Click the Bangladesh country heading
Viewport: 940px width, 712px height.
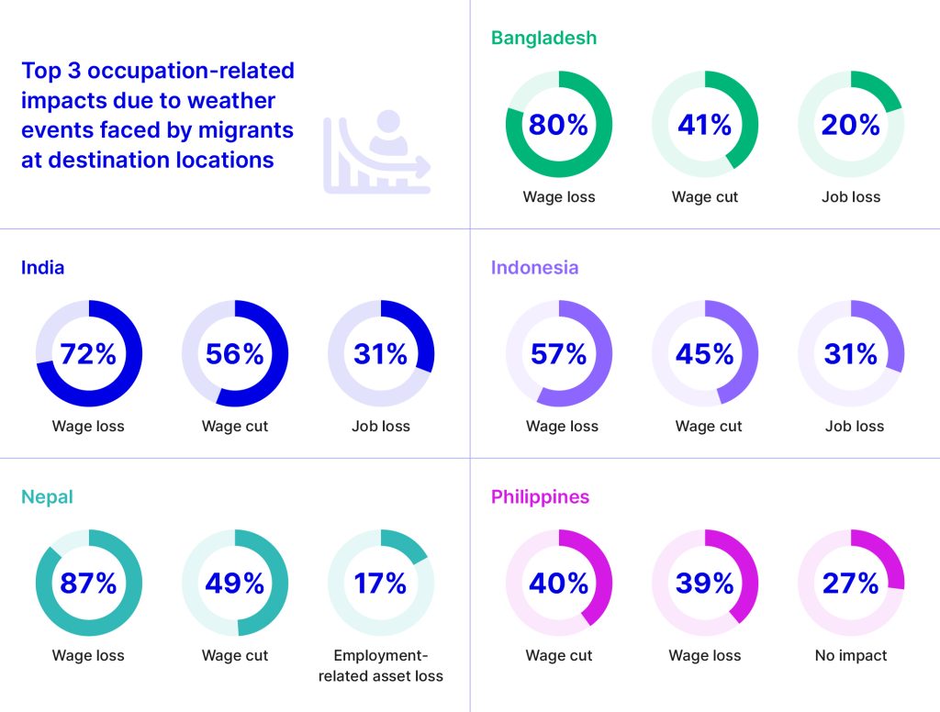[x=543, y=38]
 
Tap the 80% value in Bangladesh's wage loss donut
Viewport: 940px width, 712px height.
[x=558, y=125]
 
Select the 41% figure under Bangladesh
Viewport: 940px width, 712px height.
[x=705, y=125]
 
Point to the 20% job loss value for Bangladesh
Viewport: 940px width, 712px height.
[x=851, y=125]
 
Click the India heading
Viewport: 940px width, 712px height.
[x=42, y=268]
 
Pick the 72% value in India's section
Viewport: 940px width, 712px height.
[x=88, y=354]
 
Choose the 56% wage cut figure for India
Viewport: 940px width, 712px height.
[x=235, y=354]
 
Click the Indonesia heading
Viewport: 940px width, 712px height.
[x=534, y=268]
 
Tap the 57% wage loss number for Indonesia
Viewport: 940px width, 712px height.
[x=558, y=354]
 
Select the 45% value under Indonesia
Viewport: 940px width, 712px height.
[x=705, y=354]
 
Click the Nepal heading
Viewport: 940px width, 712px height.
[x=47, y=497]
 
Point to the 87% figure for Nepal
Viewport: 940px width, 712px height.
[x=88, y=584]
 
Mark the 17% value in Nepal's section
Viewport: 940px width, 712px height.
[x=381, y=584]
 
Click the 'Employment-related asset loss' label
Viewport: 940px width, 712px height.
[x=381, y=666]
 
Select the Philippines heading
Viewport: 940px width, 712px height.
[x=540, y=497]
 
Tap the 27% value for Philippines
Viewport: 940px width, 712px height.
[x=851, y=584]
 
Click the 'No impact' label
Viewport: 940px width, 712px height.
[x=851, y=656]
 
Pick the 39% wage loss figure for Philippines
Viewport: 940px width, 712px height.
[x=705, y=584]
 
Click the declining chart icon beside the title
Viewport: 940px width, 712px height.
[x=376, y=152]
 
